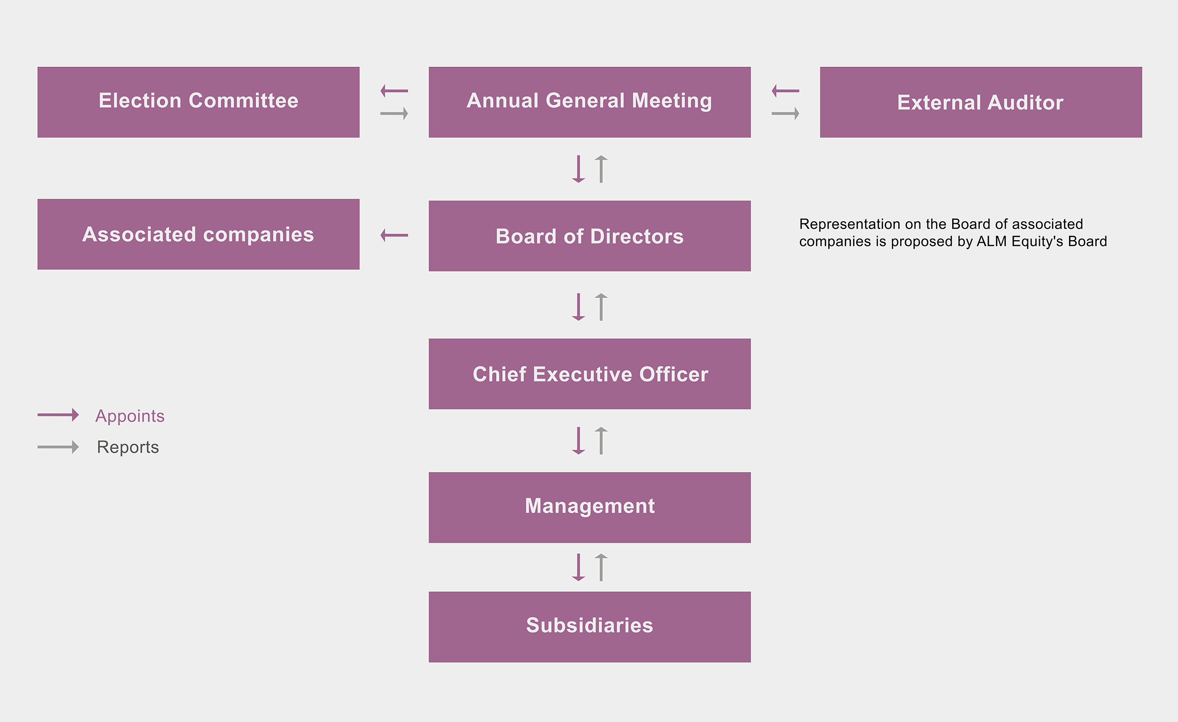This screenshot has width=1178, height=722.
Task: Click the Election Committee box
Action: [198, 102]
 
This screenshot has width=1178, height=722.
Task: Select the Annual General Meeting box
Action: [589, 102]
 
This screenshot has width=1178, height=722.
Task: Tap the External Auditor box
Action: [981, 102]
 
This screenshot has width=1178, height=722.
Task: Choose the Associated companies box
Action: [198, 234]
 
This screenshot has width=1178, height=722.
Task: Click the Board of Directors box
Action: [589, 236]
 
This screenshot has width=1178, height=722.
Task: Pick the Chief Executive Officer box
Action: [589, 374]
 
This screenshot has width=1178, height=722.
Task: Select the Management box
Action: [589, 507]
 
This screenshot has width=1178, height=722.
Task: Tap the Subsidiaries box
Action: [589, 627]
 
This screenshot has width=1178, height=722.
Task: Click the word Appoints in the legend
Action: [130, 416]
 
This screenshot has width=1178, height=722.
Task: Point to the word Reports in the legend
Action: [128, 447]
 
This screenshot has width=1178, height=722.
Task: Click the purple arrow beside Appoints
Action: [58, 415]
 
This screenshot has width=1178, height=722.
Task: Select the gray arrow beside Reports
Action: [58, 447]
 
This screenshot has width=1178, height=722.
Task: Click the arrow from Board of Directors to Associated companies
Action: [394, 235]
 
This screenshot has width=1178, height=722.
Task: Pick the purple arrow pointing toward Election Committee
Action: [394, 91]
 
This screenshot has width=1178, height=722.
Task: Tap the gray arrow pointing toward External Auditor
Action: [785, 114]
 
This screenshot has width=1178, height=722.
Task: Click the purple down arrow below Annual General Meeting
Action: [578, 169]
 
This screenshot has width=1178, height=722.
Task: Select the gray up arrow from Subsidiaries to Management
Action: [601, 567]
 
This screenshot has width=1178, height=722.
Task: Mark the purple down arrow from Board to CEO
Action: [578, 307]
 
